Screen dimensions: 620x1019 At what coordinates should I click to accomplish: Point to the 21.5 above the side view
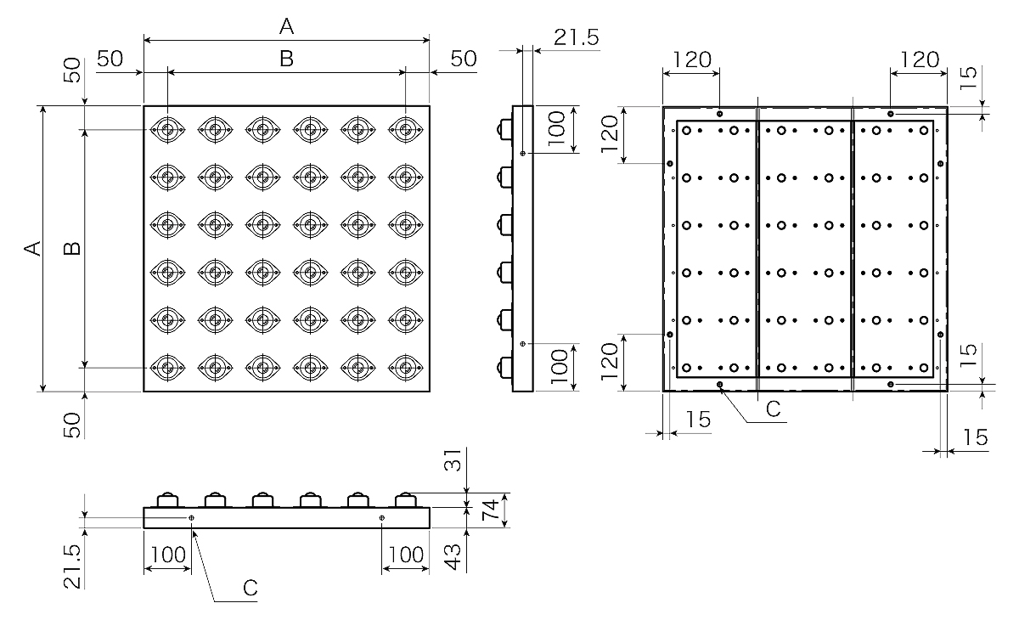pos(577,37)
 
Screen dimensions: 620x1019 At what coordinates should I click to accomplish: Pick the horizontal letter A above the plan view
pos(287,27)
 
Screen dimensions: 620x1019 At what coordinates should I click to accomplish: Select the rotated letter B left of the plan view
pos(74,249)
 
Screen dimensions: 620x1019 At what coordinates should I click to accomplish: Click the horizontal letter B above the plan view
pos(287,59)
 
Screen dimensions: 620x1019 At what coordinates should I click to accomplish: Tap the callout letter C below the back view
pos(773,409)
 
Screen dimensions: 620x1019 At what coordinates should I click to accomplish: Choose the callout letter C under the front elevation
pos(251,587)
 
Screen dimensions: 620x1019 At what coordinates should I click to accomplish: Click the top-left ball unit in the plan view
pos(168,130)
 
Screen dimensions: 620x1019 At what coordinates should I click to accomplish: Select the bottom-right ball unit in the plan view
pos(406,368)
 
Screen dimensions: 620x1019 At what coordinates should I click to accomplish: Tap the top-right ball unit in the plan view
pos(406,130)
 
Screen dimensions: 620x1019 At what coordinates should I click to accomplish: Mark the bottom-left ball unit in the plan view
pos(168,368)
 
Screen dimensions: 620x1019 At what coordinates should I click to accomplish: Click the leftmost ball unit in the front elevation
pos(167,499)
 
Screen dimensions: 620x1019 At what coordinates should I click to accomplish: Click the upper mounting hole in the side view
pos(523,154)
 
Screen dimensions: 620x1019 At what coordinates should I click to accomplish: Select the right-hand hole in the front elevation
pos(382,517)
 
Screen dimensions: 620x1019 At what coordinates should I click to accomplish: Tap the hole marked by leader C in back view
pos(720,386)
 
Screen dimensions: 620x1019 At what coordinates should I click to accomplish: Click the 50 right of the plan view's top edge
pos(464,59)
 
